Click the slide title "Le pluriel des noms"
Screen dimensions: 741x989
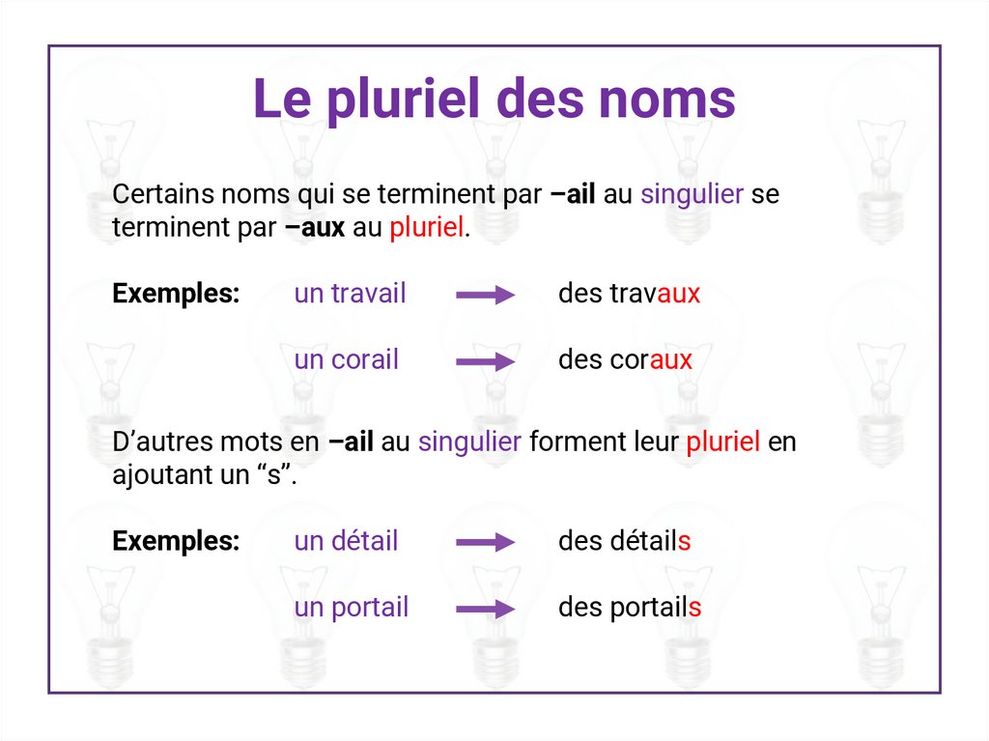[494, 99]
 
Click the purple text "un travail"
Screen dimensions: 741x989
[350, 294]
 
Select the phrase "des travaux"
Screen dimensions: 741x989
[629, 294]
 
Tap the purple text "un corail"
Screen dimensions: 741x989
[346, 360]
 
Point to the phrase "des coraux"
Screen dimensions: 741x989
[625, 360]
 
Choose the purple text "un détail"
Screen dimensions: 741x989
[346, 541]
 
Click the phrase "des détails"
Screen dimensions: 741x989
[624, 541]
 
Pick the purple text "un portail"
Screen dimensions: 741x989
[351, 608]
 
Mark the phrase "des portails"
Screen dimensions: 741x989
[629, 608]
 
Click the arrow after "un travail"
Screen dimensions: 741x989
[485, 296]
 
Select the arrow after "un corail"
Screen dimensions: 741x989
[485, 362]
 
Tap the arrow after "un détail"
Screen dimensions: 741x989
[485, 543]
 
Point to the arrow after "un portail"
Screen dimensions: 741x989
[485, 610]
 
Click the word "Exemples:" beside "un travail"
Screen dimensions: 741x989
[176, 294]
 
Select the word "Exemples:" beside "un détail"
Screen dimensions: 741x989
[176, 541]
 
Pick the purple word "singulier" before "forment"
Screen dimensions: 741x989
[469, 442]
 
